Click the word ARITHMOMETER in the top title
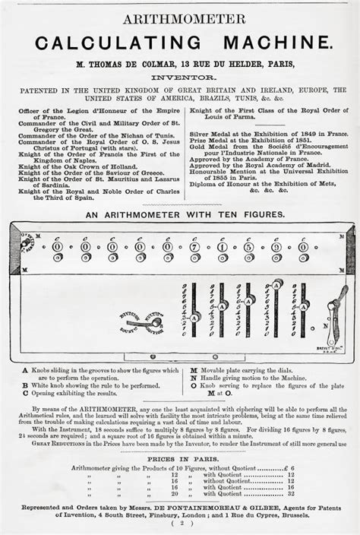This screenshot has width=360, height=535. click(179, 19)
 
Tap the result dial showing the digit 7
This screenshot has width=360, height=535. click(194, 247)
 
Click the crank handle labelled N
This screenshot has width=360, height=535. click(334, 304)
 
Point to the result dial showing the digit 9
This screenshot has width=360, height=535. click(276, 247)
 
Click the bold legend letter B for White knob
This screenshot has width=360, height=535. click(26, 385)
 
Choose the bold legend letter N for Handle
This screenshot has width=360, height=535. click(195, 378)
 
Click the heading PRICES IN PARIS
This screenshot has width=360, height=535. click(180, 459)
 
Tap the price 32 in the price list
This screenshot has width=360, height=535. click(290, 493)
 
